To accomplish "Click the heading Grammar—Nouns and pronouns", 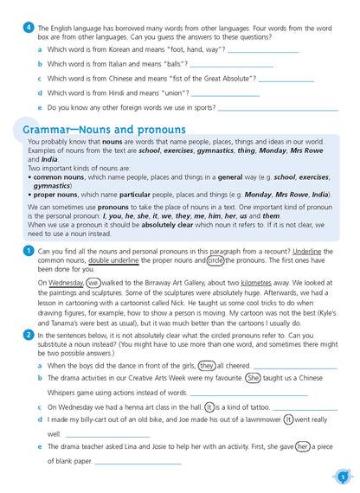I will [x=104, y=130].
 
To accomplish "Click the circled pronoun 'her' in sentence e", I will [x=303, y=447].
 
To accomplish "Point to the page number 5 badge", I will [x=343, y=475].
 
